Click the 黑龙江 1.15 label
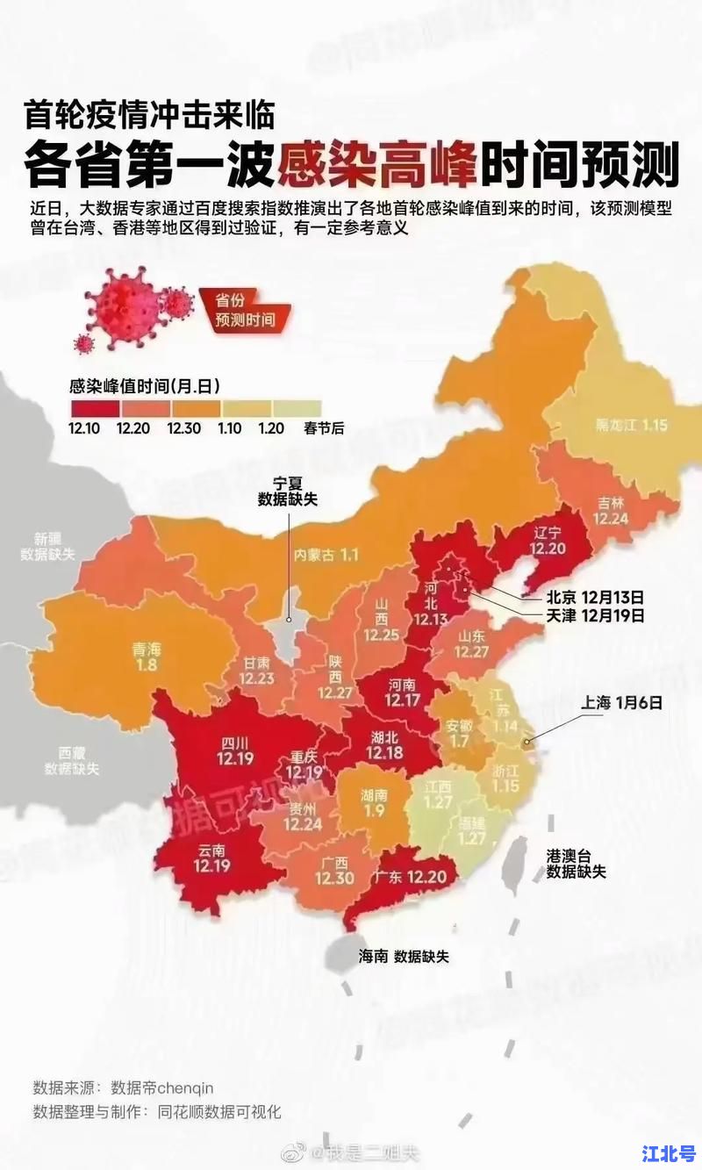pos(632,425)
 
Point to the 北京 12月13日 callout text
pos(595,596)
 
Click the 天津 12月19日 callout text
pos(595,616)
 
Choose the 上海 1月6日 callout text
pos(620,702)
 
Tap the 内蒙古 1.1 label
pos(326,555)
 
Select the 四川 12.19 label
pos(235,750)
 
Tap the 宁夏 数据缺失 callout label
pos(287,492)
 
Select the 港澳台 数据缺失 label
pos(576,863)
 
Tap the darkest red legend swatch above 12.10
pos(94,408)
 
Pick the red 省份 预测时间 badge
pos(245,309)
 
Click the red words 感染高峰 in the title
pos(377,164)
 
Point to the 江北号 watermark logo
pos(669,1152)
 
